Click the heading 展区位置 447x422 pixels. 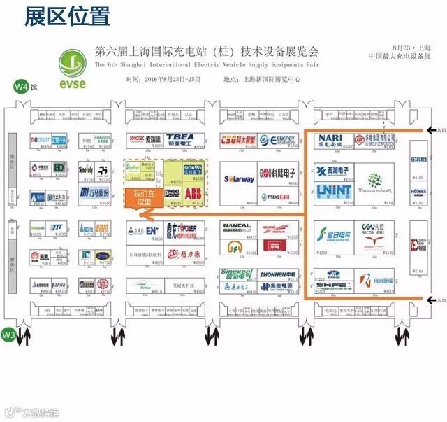[x=67, y=16]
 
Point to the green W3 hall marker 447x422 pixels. [x=8, y=335]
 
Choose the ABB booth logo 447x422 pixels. [x=195, y=192]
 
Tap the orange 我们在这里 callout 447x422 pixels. [x=142, y=197]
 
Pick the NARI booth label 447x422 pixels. [x=330, y=139]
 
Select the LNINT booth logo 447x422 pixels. [x=332, y=191]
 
